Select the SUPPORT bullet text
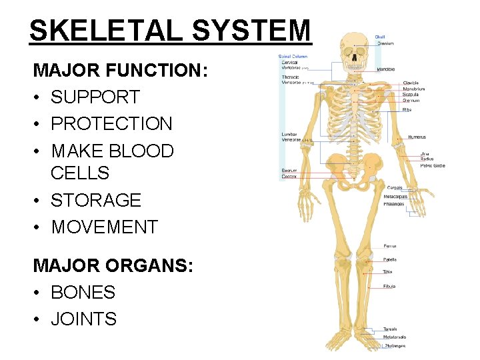(x=95, y=97)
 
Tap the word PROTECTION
(x=111, y=124)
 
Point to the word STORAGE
(x=96, y=200)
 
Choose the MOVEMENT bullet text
(x=105, y=227)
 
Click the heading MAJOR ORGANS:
(x=113, y=265)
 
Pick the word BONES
(x=83, y=292)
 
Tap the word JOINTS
(x=83, y=319)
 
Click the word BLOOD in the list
(x=141, y=151)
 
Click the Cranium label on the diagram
(x=385, y=43)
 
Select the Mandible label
(x=385, y=69)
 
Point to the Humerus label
(x=417, y=137)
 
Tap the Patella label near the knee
(x=390, y=259)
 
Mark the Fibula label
(x=389, y=286)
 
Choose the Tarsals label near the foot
(x=390, y=329)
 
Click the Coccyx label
(x=289, y=177)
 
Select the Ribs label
(x=407, y=109)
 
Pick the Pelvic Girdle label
(x=433, y=165)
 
